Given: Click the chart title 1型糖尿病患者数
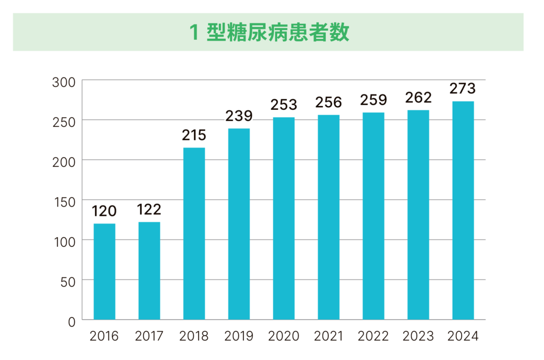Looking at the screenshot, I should click(269, 33).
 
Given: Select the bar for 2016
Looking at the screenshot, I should click(104, 271).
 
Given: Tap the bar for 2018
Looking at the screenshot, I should click(194, 234).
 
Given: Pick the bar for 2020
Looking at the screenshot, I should click(284, 218).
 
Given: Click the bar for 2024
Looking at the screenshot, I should click(463, 210).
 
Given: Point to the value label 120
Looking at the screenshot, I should click(104, 211).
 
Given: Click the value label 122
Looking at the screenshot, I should click(149, 210).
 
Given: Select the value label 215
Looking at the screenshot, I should click(194, 135).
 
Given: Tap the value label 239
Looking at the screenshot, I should click(239, 116).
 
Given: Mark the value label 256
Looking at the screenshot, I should click(328, 102).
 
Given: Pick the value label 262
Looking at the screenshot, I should click(418, 98).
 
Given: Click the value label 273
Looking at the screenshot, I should click(463, 89).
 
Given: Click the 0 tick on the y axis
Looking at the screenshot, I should click(71, 321).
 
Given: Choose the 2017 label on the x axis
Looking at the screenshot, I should click(149, 337).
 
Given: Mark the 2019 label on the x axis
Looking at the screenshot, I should click(239, 337).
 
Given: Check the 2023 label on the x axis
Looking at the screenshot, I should click(418, 337).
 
